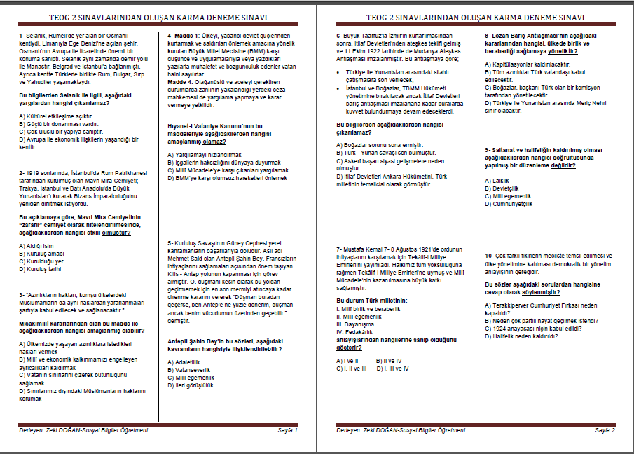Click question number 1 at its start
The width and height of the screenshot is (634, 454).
pos(22,35)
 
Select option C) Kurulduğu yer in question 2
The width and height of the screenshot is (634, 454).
pos(43,261)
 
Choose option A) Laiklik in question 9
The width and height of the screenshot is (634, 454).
pos(497,181)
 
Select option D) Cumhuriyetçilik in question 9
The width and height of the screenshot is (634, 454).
pos(509,204)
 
